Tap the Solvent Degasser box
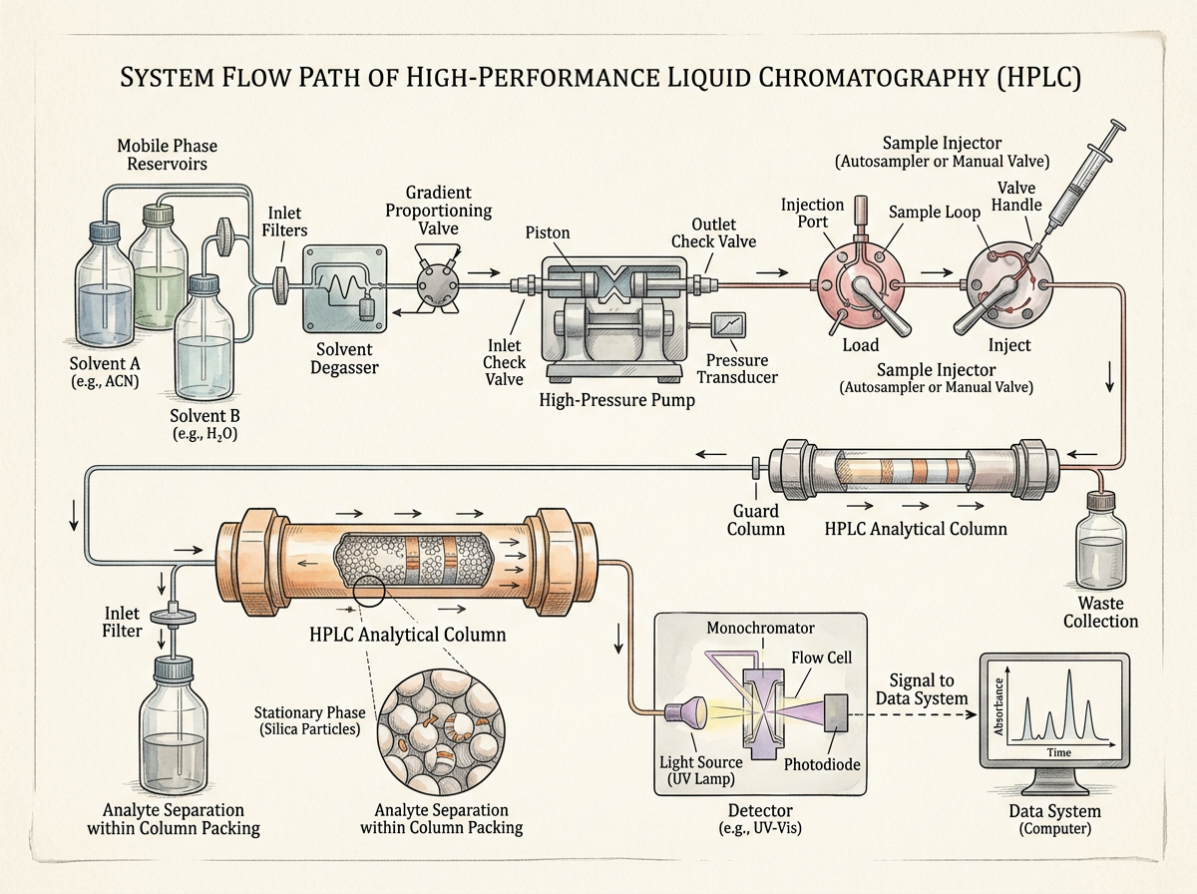click(x=345, y=288)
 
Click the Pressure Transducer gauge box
click(x=728, y=325)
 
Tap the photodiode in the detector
click(x=836, y=712)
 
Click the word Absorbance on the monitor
click(x=999, y=706)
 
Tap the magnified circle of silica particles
click(x=441, y=731)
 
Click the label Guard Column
click(x=756, y=520)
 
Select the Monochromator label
click(x=760, y=628)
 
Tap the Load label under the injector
click(x=861, y=345)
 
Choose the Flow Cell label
click(x=821, y=658)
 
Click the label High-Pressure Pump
click(x=616, y=400)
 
